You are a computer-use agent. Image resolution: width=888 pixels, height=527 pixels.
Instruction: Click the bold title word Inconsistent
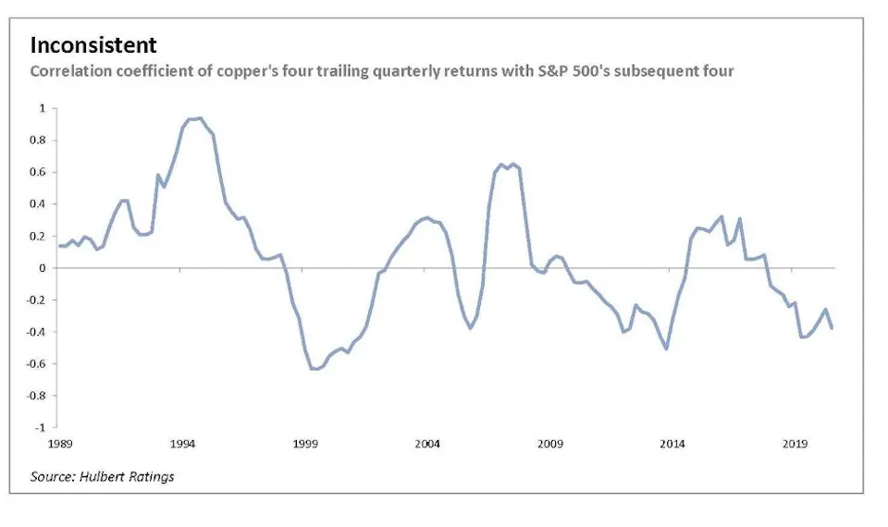coord(93,45)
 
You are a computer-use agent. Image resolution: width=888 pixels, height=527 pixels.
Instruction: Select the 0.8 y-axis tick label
coord(39,141)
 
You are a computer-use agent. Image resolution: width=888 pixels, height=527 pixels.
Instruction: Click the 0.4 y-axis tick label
coord(39,204)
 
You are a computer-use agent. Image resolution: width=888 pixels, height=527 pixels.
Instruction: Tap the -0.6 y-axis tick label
coord(37,364)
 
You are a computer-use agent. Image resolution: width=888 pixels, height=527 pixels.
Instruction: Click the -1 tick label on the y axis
coord(41,428)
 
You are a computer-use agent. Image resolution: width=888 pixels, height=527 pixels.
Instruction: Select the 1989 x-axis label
coord(60,445)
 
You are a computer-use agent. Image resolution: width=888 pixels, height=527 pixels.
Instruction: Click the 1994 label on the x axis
coord(182,445)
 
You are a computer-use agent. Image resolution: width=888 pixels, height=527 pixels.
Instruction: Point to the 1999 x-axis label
coord(305,445)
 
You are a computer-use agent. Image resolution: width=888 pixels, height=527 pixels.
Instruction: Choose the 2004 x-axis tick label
coord(427,445)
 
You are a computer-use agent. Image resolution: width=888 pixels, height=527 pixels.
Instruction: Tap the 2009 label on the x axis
coord(549,445)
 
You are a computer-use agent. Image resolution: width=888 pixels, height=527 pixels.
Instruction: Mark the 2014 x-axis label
coord(672,445)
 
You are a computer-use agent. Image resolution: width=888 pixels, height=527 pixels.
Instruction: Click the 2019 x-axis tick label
coord(795,445)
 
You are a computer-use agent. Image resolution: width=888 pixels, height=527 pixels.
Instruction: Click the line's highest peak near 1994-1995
coord(201,118)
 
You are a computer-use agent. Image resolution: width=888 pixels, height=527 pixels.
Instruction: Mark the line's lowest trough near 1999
coord(314,369)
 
